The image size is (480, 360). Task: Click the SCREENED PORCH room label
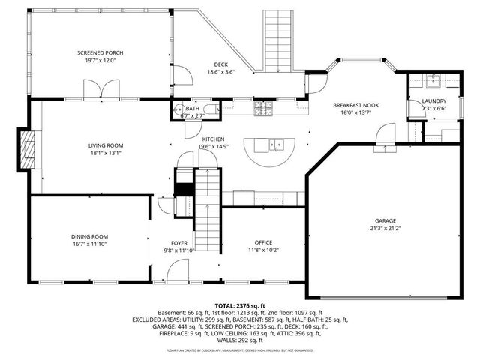(100, 52)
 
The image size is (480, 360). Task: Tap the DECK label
(220, 64)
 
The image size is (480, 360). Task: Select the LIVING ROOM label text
(106, 145)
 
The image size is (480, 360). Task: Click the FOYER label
(179, 242)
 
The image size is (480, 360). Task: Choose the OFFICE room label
(263, 241)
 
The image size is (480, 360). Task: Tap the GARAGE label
(385, 220)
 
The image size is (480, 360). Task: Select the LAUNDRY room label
(434, 100)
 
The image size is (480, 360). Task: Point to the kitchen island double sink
(277, 143)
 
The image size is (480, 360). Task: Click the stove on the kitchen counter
(264, 111)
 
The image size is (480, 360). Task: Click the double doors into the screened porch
(100, 91)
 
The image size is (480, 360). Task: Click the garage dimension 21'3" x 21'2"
(385, 229)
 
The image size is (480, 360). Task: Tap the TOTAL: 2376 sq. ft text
(240, 306)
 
